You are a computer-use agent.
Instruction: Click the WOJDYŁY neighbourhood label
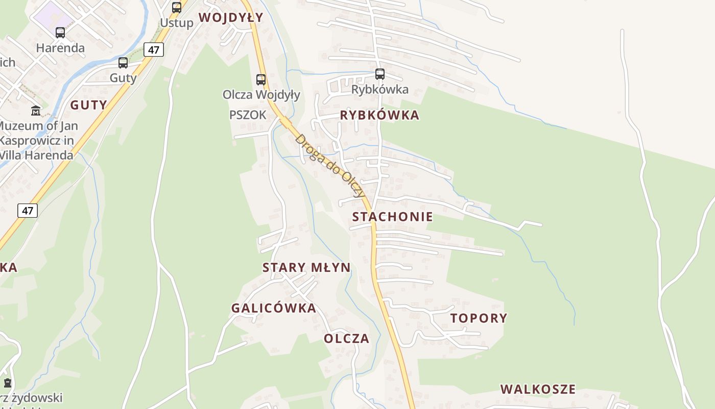231,17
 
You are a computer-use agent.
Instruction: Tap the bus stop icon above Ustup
177,8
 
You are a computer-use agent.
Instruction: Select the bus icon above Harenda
60,33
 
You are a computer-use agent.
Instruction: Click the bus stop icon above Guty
123,63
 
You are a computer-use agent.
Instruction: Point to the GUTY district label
89,105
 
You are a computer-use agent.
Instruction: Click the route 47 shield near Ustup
154,50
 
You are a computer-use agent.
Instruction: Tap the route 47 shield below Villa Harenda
28,210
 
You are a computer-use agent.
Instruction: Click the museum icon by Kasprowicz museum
36,110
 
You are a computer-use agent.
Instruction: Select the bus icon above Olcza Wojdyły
261,80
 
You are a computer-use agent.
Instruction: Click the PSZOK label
248,115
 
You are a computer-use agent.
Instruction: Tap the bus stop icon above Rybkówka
379,74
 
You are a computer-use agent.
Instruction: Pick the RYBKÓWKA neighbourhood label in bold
379,115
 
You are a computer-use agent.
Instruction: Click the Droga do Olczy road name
330,166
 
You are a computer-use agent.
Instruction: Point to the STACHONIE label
392,217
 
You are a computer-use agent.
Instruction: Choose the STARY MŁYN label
306,267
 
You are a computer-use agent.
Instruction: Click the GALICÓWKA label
274,308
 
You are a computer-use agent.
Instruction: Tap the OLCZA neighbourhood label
346,338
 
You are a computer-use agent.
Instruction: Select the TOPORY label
479,318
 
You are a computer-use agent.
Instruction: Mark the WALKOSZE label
538,389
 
